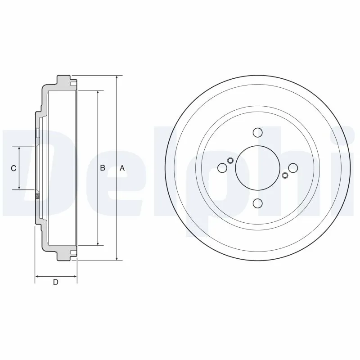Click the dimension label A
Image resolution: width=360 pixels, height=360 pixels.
(x=121, y=168)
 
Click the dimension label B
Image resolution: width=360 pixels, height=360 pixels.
(x=103, y=168)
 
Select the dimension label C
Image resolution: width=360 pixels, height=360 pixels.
(x=13, y=168)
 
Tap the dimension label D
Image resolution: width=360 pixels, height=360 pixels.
(x=55, y=282)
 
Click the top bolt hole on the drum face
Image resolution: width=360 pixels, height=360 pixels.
(x=257, y=133)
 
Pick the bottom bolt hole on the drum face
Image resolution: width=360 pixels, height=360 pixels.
(x=257, y=203)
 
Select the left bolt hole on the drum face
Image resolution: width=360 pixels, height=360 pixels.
(x=222, y=168)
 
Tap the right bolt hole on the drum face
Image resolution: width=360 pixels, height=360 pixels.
(x=292, y=168)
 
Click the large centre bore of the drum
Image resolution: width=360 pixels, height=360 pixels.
(x=257, y=168)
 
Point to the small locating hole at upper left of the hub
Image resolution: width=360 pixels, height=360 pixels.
(x=230, y=161)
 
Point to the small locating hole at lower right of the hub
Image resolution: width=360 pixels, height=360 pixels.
(x=284, y=175)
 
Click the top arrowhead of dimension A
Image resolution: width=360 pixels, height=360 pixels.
(x=117, y=77)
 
